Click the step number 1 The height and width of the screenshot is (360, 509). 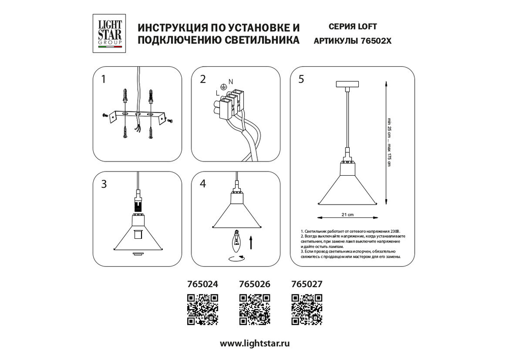pos(104,79)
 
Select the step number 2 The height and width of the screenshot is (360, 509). pos(203,79)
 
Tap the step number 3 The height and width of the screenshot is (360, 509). pos(104,184)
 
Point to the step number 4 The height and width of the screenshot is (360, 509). pos(203,184)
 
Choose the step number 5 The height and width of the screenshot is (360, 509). pos(301,79)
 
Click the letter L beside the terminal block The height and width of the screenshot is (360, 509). pos(217,93)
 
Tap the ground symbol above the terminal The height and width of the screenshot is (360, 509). pos(223,87)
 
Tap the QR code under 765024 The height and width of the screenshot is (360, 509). pos(203,309)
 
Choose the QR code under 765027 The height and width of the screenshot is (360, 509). pos(306,309)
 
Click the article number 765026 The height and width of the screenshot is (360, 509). pos(254,285)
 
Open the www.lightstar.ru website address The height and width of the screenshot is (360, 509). pos(254,344)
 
